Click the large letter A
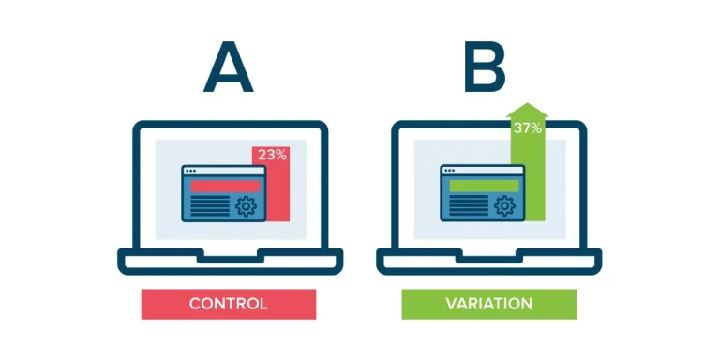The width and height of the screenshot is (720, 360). [228, 67]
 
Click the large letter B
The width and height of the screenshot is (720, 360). [485, 67]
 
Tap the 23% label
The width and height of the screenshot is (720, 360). [272, 156]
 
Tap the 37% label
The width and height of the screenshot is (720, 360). [528, 128]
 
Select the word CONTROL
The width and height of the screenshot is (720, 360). [228, 304]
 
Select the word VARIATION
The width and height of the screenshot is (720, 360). [489, 304]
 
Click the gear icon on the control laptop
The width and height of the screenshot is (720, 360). [247, 206]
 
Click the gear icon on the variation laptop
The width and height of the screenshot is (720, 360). [505, 206]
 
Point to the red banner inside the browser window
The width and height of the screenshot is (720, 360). [225, 186]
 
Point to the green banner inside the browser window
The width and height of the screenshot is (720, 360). [485, 186]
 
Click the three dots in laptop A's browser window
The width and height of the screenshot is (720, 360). [190, 171]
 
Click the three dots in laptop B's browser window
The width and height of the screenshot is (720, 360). [450, 171]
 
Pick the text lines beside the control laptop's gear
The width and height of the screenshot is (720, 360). [210, 205]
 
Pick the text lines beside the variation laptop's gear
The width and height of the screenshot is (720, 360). [469, 205]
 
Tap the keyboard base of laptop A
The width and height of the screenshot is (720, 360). [230, 262]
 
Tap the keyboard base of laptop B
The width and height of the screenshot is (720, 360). [489, 262]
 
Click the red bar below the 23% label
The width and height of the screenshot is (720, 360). [277, 193]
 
